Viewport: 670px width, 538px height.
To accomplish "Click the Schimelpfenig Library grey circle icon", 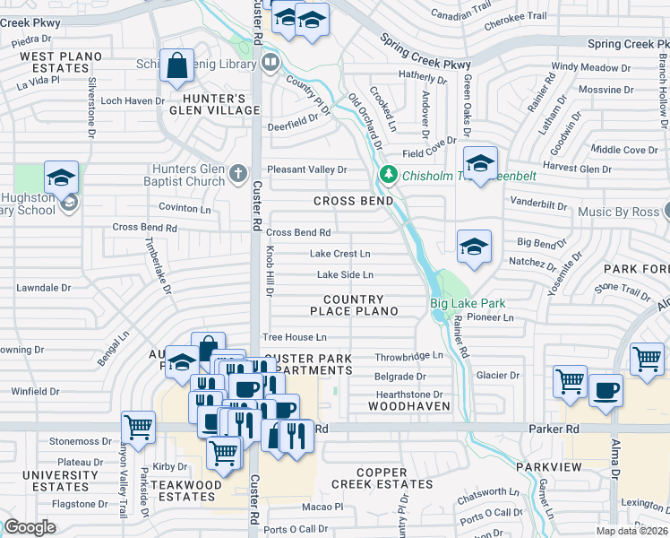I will click(x=271, y=63).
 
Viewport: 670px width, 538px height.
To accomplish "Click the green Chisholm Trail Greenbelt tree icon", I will click(x=388, y=174).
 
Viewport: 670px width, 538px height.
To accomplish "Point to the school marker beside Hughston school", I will click(x=62, y=178).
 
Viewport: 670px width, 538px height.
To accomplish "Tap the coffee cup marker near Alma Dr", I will click(x=606, y=390).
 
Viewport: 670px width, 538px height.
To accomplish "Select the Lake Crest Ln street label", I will click(x=339, y=254).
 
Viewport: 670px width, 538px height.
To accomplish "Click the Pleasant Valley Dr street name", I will click(x=306, y=169).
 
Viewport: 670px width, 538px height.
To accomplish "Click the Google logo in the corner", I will click(x=30, y=527).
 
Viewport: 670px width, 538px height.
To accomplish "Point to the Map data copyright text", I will click(x=632, y=531).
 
